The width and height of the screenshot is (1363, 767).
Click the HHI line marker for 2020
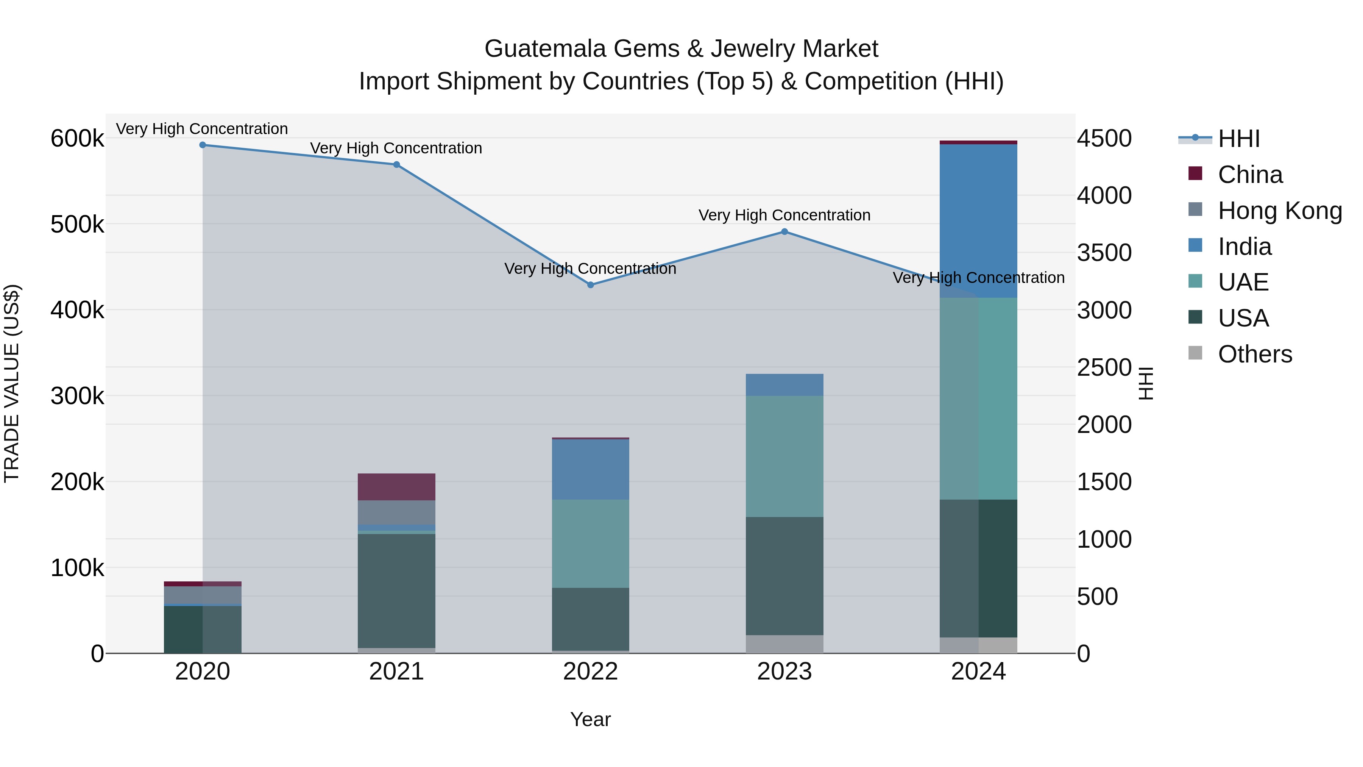pyautogui.click(x=203, y=145)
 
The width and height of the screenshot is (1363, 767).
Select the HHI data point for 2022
pyautogui.click(x=591, y=285)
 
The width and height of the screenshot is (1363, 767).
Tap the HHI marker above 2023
pyautogui.click(x=785, y=232)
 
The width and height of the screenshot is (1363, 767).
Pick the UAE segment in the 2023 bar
pyautogui.click(x=785, y=456)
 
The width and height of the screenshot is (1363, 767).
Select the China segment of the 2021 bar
pyautogui.click(x=396, y=487)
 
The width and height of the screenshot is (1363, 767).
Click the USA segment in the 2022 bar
pyautogui.click(x=591, y=619)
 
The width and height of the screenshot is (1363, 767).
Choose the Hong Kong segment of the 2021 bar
pyautogui.click(x=396, y=512)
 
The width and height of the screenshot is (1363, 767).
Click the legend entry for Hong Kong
pyautogui.click(x=1279, y=211)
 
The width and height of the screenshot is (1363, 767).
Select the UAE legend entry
pyautogui.click(x=1243, y=282)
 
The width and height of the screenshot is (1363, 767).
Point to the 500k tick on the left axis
pyautogui.click(x=77, y=225)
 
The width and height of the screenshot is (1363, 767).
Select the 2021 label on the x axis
pyautogui.click(x=396, y=672)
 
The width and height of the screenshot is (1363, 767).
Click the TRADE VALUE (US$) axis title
pyautogui.click(x=12, y=383)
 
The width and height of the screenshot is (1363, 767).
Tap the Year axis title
pyautogui.click(x=591, y=719)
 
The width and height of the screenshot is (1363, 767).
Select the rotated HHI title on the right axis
pyautogui.click(x=1146, y=383)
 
